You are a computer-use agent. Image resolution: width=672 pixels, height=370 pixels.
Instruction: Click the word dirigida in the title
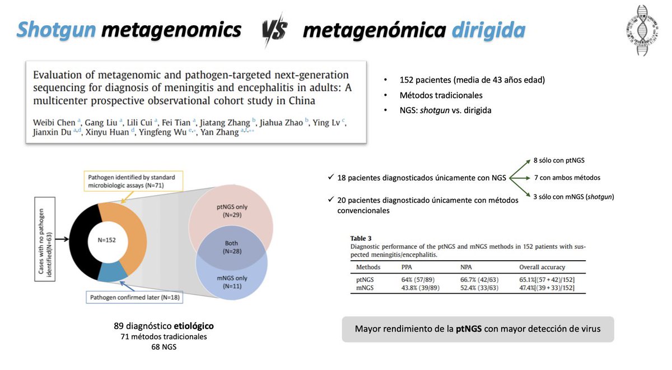[487, 30]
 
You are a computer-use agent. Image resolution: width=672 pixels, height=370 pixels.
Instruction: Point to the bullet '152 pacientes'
[472, 80]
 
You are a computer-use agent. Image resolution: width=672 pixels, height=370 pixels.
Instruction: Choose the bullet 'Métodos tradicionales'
[441, 95]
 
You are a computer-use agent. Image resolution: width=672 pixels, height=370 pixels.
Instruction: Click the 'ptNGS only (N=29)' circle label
[231, 211]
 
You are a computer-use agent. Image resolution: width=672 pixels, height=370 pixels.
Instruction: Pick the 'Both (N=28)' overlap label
[231, 247]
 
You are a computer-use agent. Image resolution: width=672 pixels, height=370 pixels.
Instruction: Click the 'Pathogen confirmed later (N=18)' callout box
[133, 297]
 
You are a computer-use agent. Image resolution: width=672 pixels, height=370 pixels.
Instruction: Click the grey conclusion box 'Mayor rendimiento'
[478, 329]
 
